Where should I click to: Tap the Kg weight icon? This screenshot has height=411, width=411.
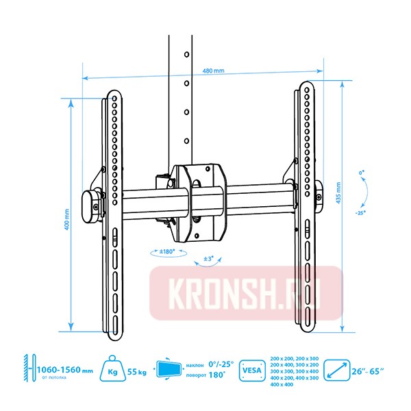[x=114, y=370]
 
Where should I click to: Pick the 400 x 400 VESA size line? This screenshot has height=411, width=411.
[x=282, y=384]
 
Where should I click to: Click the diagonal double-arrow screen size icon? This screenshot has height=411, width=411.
[x=337, y=371]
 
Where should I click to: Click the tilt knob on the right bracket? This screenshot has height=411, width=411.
[x=319, y=198]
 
